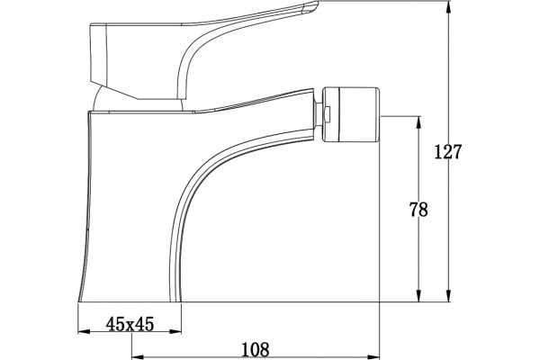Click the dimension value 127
(x=447, y=152)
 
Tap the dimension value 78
(x=418, y=210)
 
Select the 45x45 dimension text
(x=130, y=324)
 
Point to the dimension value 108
(x=255, y=350)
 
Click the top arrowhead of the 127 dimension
(x=449, y=7)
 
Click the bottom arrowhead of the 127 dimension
(x=449, y=295)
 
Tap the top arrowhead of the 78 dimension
(x=418, y=122)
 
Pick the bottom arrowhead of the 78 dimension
(x=418, y=295)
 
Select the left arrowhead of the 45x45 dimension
(x=84, y=332)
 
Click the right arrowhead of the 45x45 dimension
(x=175, y=332)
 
